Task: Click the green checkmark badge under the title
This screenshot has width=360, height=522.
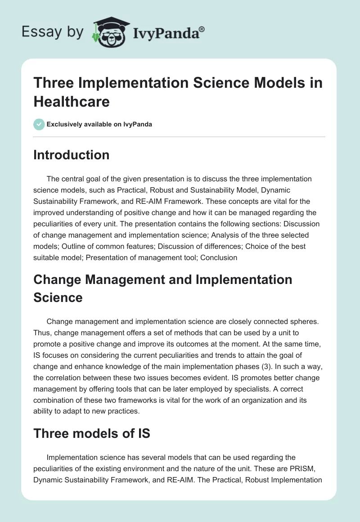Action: coord(39,124)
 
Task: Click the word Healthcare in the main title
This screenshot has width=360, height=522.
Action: coord(72,102)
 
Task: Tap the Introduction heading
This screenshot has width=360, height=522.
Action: coord(72,155)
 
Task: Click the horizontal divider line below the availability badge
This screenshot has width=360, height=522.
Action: coord(180,136)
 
